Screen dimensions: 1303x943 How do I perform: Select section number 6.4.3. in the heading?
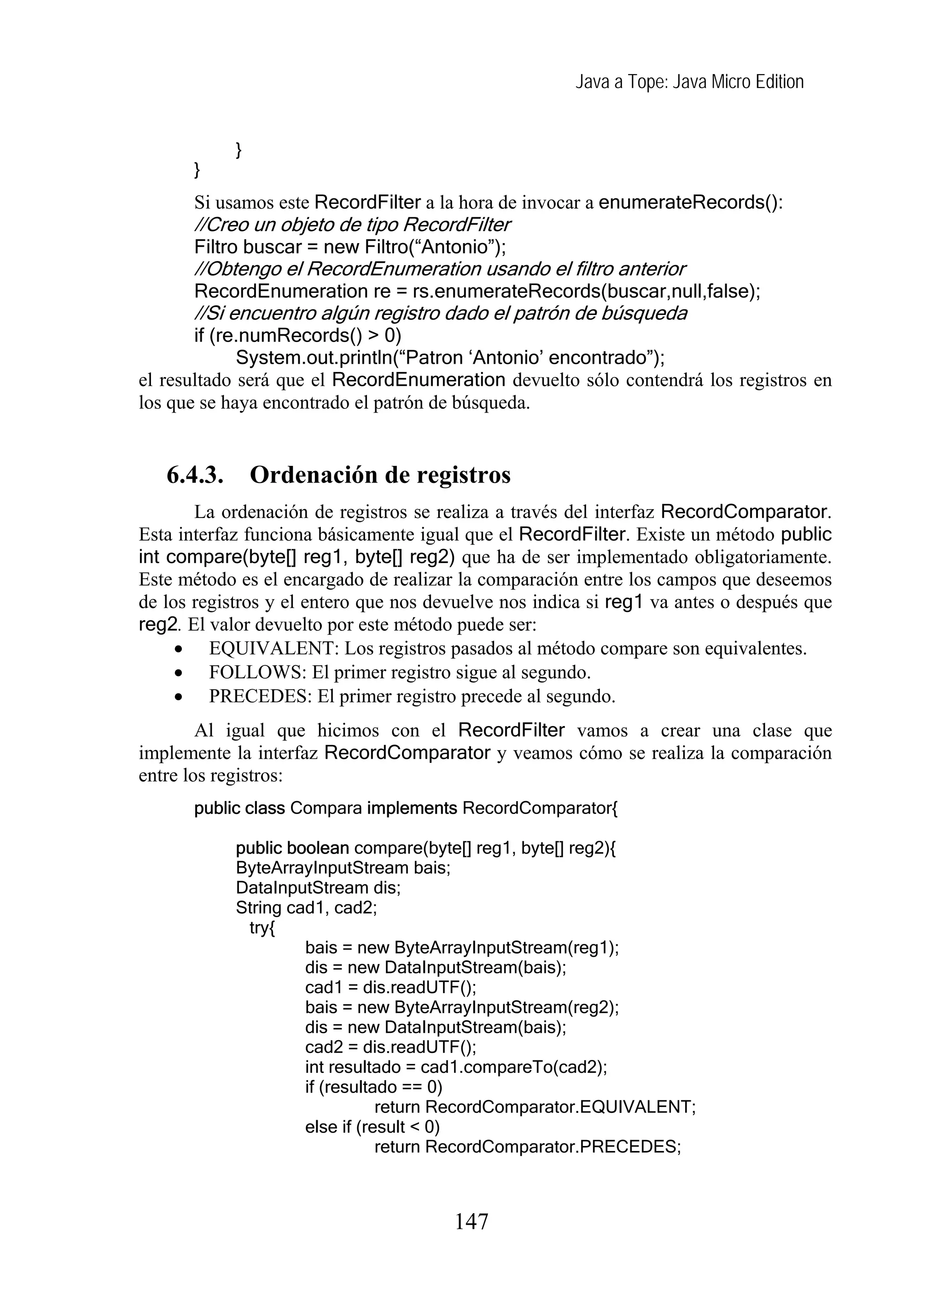195,476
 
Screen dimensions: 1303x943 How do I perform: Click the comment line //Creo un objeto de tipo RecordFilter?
352,224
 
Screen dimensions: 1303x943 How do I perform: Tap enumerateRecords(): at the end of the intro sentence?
690,202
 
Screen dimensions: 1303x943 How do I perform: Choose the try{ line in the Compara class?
262,928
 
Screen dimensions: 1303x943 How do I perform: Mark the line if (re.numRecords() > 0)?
297,336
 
